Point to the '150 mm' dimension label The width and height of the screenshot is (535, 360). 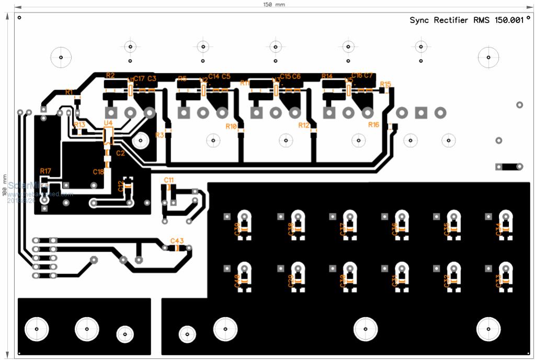[x=274, y=4]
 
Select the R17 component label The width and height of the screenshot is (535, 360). [x=45, y=171]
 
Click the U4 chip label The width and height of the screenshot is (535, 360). [x=108, y=123]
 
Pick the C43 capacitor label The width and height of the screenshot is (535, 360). [x=177, y=241]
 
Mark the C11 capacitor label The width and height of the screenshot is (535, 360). [x=168, y=180]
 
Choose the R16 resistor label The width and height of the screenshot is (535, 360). [x=373, y=125]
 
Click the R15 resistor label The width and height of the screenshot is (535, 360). [x=385, y=84]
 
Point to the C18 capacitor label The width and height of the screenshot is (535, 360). [x=98, y=172]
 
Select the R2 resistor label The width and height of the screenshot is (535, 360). [x=110, y=75]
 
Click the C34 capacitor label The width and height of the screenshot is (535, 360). [x=498, y=229]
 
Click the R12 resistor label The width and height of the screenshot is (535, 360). [x=304, y=126]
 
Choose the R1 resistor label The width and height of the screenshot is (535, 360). [x=69, y=92]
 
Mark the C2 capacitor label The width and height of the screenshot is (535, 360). [x=121, y=153]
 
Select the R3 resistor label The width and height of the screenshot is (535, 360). [x=160, y=135]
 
